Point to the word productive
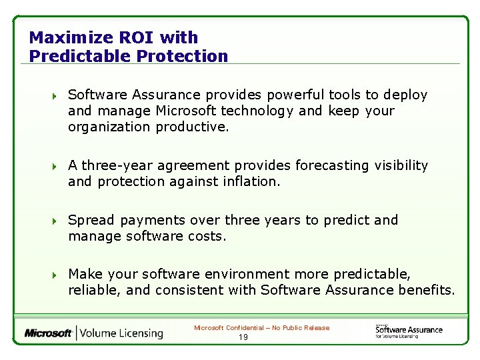[x=192, y=127]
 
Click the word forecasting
[x=331, y=165]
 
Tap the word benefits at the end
[x=427, y=290]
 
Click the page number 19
[x=243, y=337]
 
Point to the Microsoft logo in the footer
[x=48, y=333]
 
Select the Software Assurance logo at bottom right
[x=408, y=331]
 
